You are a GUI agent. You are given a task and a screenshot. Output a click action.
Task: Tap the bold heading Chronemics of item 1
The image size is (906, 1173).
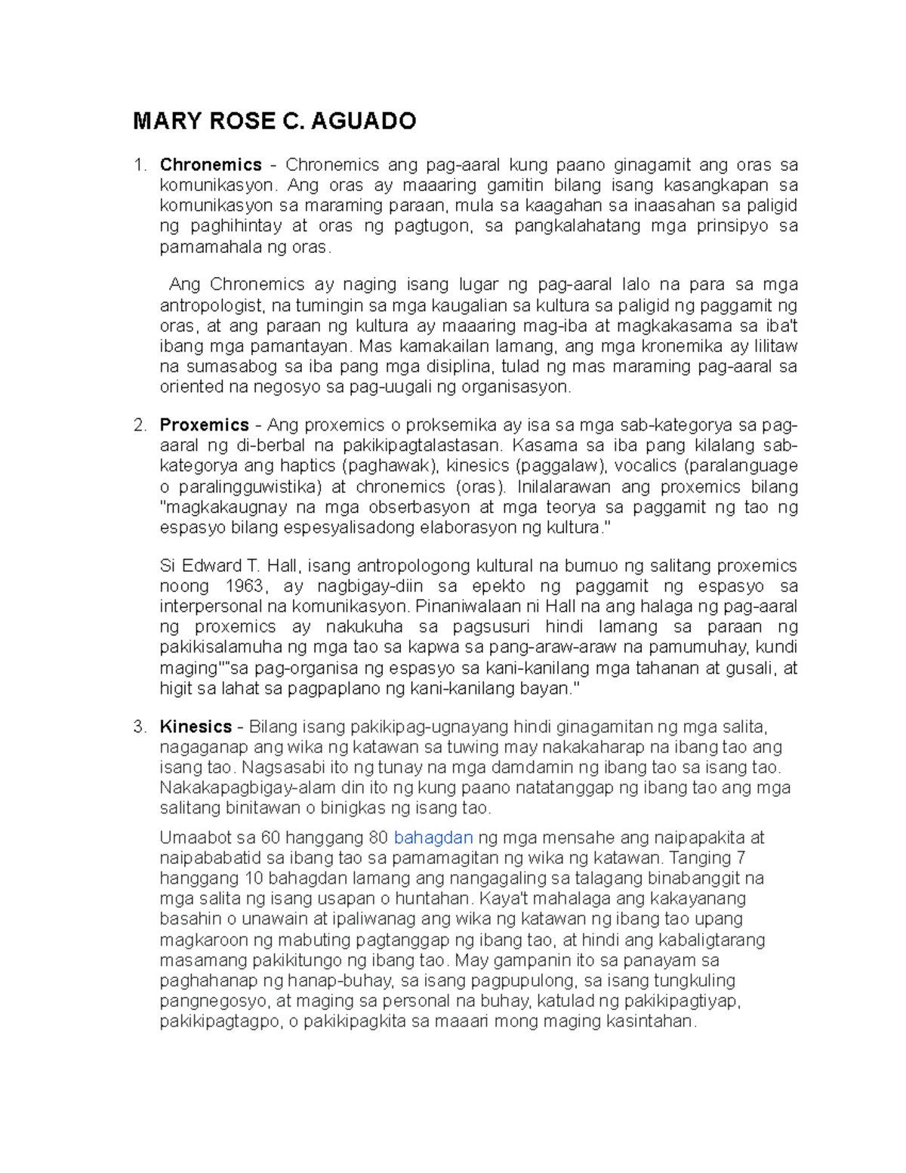[211, 165]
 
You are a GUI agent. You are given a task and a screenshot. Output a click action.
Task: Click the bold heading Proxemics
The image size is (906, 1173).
[204, 424]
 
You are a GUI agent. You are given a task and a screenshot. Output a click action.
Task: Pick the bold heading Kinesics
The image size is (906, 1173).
[196, 727]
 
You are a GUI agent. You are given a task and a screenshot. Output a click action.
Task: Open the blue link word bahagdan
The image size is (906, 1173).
[433, 838]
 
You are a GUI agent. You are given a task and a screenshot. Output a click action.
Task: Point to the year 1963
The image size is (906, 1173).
[245, 586]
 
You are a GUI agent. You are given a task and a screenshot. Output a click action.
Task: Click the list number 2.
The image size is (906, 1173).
[139, 424]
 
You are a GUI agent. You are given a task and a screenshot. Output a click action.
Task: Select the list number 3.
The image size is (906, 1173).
[139, 727]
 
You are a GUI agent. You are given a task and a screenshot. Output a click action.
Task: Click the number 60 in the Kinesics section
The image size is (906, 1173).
[270, 838]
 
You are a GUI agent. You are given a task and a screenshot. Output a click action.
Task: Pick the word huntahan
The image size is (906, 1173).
[434, 899]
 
